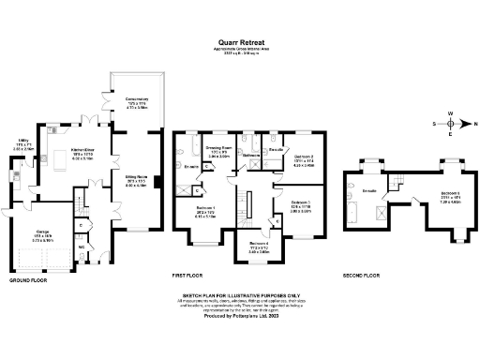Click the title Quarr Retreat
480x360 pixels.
pos(240,42)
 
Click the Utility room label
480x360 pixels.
pos(22,142)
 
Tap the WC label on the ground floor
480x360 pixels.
pos(82,247)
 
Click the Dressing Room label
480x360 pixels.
pos(220,148)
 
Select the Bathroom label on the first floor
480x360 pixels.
pos(249,154)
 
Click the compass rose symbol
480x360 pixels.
pos(451,123)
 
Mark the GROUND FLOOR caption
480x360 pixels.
pos(30,279)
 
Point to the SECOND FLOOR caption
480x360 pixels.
pos(360,277)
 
